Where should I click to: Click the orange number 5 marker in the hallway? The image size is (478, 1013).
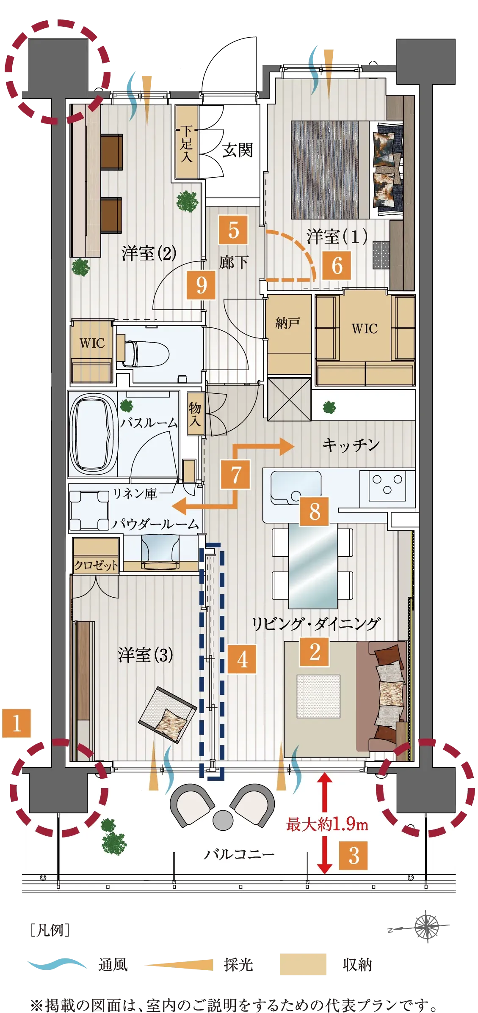(x=233, y=230)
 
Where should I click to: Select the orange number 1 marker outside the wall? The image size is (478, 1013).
(x=17, y=723)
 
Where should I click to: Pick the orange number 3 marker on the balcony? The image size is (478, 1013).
(x=354, y=855)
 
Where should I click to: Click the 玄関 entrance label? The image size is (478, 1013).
(x=238, y=150)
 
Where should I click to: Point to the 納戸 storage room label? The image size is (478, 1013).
(x=287, y=323)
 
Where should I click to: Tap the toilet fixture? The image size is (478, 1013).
(x=146, y=354)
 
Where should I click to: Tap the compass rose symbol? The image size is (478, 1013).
(x=427, y=926)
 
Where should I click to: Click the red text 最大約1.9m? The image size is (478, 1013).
(x=327, y=824)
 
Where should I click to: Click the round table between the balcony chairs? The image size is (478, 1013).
(x=223, y=820)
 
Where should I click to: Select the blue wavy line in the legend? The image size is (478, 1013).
(x=57, y=964)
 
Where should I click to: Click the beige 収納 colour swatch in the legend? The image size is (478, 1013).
(x=303, y=964)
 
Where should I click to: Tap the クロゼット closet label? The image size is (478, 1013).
(x=96, y=565)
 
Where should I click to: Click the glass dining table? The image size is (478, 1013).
(x=313, y=566)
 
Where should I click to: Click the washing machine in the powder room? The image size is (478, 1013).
(x=89, y=510)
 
